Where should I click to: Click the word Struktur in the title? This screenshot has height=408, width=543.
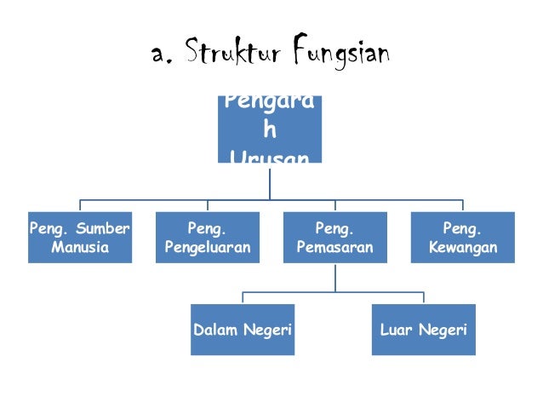[232, 55]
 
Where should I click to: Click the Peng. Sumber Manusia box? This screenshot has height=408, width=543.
[80, 238]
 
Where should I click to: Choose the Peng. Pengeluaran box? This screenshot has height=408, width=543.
[208, 238]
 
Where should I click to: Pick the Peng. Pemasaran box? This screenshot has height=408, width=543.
[334, 238]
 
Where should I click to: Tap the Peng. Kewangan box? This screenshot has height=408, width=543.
[463, 238]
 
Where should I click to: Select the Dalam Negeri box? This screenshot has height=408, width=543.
[243, 330]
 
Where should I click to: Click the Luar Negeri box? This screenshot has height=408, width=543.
[423, 330]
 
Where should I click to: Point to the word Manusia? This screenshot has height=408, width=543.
[80, 248]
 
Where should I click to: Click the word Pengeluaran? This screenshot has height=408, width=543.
[208, 248]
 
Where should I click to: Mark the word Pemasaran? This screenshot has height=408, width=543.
[334, 248]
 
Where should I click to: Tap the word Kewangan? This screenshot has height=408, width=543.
[463, 248]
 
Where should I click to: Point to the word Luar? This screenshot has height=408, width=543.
[395, 330]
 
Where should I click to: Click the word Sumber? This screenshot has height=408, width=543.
[103, 228]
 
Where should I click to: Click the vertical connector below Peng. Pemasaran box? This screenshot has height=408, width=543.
[334, 278]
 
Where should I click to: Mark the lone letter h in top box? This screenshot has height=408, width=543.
[269, 131]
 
